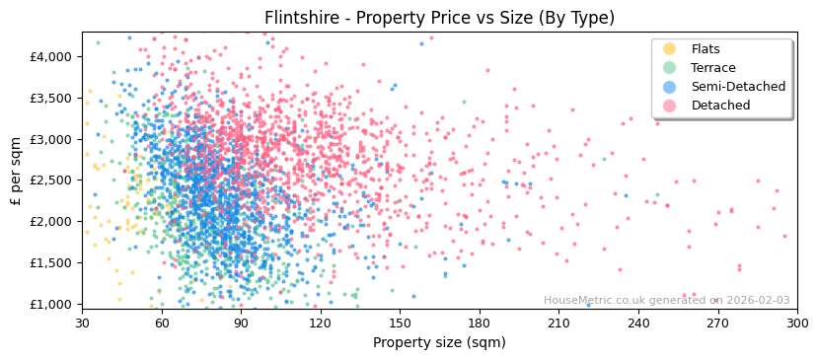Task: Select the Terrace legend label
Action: [713, 68]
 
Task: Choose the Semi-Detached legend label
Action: [738, 87]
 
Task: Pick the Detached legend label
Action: [720, 106]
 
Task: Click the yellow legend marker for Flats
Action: [669, 49]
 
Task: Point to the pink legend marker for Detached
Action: [669, 106]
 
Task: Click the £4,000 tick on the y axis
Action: [51, 56]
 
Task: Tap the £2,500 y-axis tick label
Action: [51, 180]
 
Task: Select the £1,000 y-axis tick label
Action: [51, 304]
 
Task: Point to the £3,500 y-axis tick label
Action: [51, 98]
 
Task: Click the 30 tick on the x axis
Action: [82, 323]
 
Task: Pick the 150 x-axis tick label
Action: [400, 323]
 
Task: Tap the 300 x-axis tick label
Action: [797, 323]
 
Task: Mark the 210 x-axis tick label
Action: [558, 323]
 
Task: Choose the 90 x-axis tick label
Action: [241, 323]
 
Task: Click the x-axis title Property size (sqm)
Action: [439, 342]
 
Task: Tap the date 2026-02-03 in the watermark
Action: [757, 301]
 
